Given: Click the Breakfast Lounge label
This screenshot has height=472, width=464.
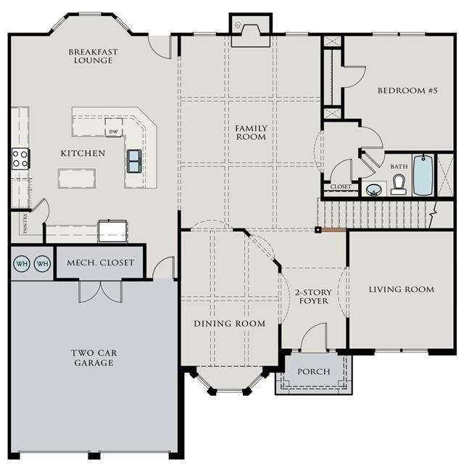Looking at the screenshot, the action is point(93,56).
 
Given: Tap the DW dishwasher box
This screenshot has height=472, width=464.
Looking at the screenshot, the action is point(113,128).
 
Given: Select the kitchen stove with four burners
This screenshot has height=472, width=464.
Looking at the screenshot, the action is point(20,159).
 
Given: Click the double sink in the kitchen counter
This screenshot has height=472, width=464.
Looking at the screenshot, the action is point(134,161).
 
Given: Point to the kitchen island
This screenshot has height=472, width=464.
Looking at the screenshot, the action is point(77,178).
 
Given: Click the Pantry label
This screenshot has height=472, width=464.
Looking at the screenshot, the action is point(25,223).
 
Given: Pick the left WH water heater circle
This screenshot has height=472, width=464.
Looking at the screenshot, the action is point(22,264).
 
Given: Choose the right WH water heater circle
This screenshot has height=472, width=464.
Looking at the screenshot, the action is point(43,264).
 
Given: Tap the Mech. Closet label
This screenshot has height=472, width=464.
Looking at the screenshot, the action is point(101,262).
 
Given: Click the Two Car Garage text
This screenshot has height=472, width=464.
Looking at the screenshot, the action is point(94,357).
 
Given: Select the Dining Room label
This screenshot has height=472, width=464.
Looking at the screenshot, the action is point(230,323).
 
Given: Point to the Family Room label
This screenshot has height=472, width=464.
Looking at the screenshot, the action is point(251,133).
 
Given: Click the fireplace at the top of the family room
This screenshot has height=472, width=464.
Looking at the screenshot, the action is point(251,30).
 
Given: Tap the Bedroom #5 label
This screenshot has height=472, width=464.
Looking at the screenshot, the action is point(407,91).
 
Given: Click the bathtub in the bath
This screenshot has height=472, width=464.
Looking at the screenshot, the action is point(423,175).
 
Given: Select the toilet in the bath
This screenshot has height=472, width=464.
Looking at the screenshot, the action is point(399,185).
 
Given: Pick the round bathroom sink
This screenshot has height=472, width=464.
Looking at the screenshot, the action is point(373,190).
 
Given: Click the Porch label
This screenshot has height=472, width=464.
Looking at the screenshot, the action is point(314,371).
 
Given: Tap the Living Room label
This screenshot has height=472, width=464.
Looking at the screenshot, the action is point(402,289).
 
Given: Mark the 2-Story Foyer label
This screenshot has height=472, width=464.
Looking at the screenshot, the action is point(313,297).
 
